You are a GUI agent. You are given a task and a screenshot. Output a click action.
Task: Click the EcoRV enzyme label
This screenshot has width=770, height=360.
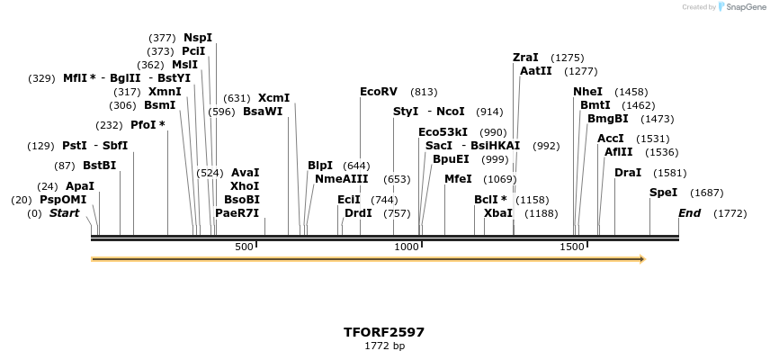click(x=378, y=92)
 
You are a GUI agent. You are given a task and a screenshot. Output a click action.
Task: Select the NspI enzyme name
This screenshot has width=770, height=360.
click(x=198, y=38)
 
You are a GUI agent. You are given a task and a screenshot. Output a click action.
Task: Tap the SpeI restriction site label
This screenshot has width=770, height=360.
click(x=663, y=193)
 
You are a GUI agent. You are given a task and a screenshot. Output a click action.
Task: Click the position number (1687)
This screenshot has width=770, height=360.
click(x=706, y=193)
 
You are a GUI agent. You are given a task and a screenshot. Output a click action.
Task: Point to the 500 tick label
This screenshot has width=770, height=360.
click(x=244, y=247)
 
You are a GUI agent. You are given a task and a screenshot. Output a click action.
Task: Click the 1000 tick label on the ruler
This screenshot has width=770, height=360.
click(x=407, y=247)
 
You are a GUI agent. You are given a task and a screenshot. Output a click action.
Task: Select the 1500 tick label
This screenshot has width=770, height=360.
click(x=572, y=247)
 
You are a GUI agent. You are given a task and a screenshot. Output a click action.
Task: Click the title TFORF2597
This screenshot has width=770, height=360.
click(x=384, y=332)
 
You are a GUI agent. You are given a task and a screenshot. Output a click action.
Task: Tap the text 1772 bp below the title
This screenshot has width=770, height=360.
click(x=384, y=346)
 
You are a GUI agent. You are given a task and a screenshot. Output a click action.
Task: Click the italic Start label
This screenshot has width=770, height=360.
click(x=64, y=213)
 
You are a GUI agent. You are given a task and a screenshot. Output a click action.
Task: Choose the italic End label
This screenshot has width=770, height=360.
click(x=689, y=213)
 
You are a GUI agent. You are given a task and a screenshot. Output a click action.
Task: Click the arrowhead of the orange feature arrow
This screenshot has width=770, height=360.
click(x=642, y=259)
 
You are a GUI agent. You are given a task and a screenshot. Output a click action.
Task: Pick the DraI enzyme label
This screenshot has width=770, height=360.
click(x=628, y=172)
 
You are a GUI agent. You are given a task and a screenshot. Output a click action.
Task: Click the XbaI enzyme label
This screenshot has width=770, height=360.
click(x=497, y=213)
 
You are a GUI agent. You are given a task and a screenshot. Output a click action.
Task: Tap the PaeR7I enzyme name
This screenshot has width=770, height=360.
click(x=237, y=213)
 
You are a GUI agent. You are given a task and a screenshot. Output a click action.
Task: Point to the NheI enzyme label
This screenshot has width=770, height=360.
click(x=587, y=92)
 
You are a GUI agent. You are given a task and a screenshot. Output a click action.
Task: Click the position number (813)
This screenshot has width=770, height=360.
click(x=424, y=92)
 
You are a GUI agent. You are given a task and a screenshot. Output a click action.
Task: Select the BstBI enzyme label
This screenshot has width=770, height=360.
click(x=99, y=166)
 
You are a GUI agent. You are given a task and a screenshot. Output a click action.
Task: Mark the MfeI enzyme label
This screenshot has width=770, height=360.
click(x=458, y=179)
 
